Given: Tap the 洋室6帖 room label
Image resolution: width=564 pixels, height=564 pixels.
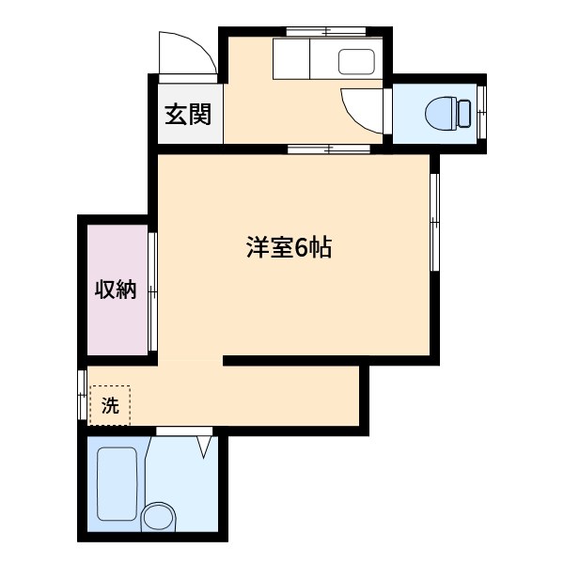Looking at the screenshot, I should [x=289, y=249].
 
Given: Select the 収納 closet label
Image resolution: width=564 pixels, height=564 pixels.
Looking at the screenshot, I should [x=115, y=290].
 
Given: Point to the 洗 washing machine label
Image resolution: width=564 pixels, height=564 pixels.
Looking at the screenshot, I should [x=110, y=406].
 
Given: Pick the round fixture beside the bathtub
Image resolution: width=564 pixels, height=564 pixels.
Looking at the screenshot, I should [x=158, y=518].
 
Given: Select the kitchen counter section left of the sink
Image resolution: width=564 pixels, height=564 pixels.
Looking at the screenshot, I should [x=294, y=61].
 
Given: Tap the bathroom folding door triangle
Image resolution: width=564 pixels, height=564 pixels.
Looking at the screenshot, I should [x=204, y=445].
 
